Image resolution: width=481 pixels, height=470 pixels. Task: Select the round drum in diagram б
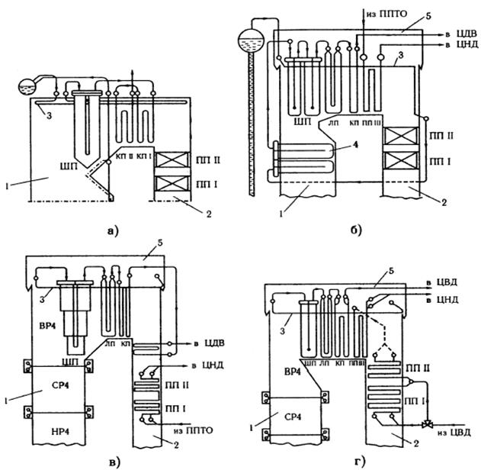pyautogui.click(x=250, y=39)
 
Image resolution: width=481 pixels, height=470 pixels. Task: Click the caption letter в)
pyautogui.click(x=99, y=459)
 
